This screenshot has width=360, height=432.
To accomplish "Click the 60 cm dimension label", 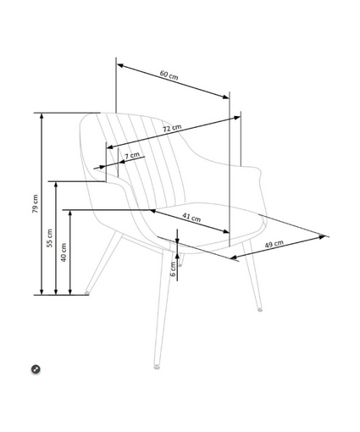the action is [169, 75].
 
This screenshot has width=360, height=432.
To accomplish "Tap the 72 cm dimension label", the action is [172, 128].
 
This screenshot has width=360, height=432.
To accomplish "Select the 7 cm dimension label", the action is [132, 155].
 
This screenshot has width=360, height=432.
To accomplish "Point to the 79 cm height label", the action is [35, 203].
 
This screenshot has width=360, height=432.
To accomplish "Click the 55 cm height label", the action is [49, 238].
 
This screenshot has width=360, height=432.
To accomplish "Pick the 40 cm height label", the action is [64, 252].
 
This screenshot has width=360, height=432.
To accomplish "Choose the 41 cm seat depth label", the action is [191, 218].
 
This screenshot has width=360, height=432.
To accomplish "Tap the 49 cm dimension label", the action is [274, 244].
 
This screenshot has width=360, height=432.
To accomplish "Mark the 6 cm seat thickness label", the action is [173, 269].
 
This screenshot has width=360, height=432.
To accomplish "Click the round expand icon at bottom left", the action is [36, 369].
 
